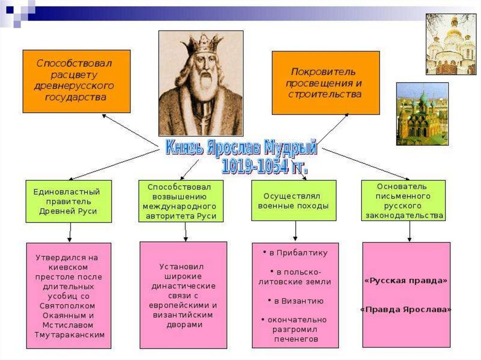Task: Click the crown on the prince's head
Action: click(x=203, y=45)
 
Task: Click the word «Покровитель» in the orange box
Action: click(x=323, y=72)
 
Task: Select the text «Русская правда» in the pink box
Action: click(x=406, y=281)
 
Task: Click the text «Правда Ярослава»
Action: click(x=406, y=310)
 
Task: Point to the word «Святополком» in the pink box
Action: click(x=68, y=306)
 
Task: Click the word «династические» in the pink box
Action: click(x=184, y=285)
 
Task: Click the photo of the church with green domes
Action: click(x=422, y=114)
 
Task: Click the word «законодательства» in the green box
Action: click(x=403, y=216)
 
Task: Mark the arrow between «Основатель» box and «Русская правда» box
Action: click(x=410, y=231)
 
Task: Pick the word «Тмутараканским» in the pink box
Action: click(x=69, y=335)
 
